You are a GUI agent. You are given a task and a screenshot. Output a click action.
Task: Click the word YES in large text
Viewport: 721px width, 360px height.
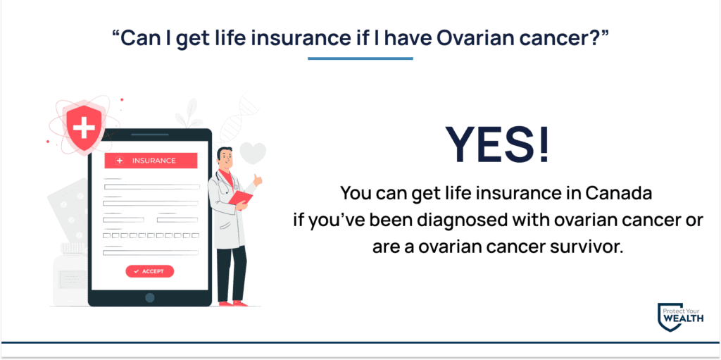tap(490, 144)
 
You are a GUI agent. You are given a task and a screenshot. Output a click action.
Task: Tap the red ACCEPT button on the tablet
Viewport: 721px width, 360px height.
tap(149, 271)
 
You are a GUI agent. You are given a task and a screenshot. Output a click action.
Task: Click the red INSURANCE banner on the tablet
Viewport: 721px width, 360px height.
tap(151, 161)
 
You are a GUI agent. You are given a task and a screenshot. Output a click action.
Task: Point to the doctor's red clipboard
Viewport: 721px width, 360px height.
tap(241, 199)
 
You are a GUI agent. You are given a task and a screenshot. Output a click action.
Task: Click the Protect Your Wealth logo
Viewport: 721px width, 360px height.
tap(681, 317)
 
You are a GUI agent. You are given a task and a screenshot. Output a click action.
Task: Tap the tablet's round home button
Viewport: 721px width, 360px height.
tap(149, 298)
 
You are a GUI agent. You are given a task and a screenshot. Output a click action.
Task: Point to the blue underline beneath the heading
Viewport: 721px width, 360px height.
tap(360, 58)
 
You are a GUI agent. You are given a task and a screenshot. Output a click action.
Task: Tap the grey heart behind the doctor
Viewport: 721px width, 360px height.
tap(253, 152)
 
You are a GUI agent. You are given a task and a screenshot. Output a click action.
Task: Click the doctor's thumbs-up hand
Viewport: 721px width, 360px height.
tap(258, 180)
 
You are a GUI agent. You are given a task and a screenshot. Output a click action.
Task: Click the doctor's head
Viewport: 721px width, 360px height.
tap(225, 158)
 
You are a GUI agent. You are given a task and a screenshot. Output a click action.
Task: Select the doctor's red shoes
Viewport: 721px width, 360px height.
tap(233, 304)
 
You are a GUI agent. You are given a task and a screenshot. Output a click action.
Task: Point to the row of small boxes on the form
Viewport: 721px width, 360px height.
tap(151, 235)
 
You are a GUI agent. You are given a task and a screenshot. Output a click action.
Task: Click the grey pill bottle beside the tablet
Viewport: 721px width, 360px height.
tap(69, 275)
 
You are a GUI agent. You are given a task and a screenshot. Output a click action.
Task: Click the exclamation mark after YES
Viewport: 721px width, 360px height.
tap(544, 144)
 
